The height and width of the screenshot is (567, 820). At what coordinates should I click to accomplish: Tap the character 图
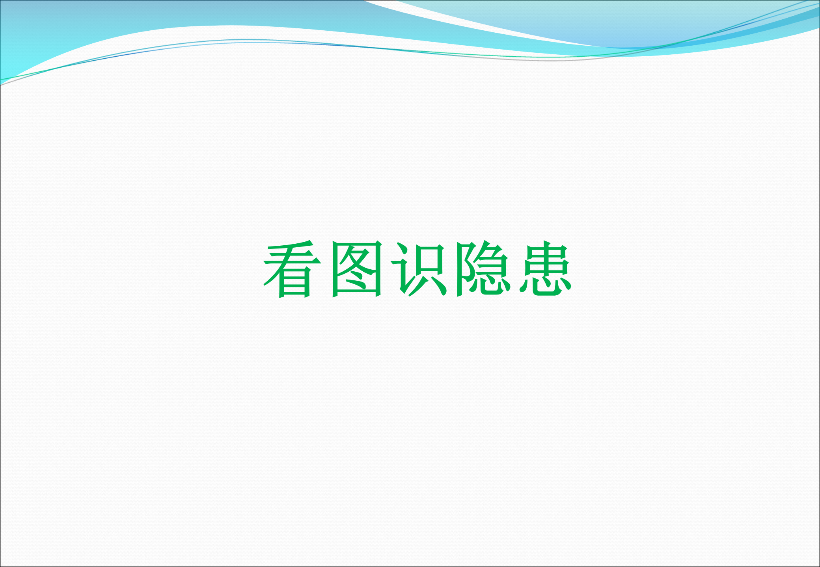coord(357,269)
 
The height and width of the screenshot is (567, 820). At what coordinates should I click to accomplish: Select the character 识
coord(419,269)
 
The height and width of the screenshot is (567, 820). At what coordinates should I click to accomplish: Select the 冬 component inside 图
coord(357,268)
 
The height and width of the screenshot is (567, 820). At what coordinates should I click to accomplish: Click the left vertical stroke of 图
coord(335,270)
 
